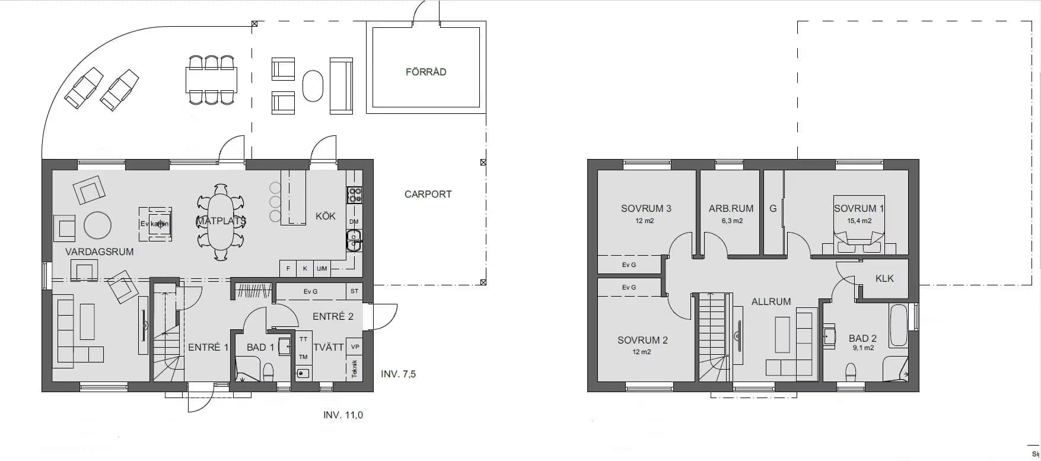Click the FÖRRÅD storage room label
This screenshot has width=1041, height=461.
pos(426,72)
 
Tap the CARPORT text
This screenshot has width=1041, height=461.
pos(428,194)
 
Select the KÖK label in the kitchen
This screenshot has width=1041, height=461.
pos(325,216)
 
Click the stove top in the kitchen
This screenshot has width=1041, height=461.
pos(354,195)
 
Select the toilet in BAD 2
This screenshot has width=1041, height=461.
pos(851,373)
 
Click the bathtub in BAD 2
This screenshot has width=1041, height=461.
pos(898,325)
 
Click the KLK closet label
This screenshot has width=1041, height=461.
pos(884,278)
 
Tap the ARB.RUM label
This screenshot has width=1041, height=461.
pos(731,209)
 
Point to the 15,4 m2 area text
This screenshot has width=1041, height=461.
pos(859,221)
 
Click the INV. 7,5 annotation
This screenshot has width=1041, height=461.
pos(398,374)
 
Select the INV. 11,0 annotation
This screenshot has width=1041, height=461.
pos(343,415)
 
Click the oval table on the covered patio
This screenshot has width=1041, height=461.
pos(313,87)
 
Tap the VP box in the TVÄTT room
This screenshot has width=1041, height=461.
pos(355,347)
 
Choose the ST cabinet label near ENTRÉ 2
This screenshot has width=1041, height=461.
pos(354,291)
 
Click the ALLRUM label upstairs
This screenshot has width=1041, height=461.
pos(771,301)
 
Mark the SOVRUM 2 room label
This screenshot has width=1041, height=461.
pos(642,340)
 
